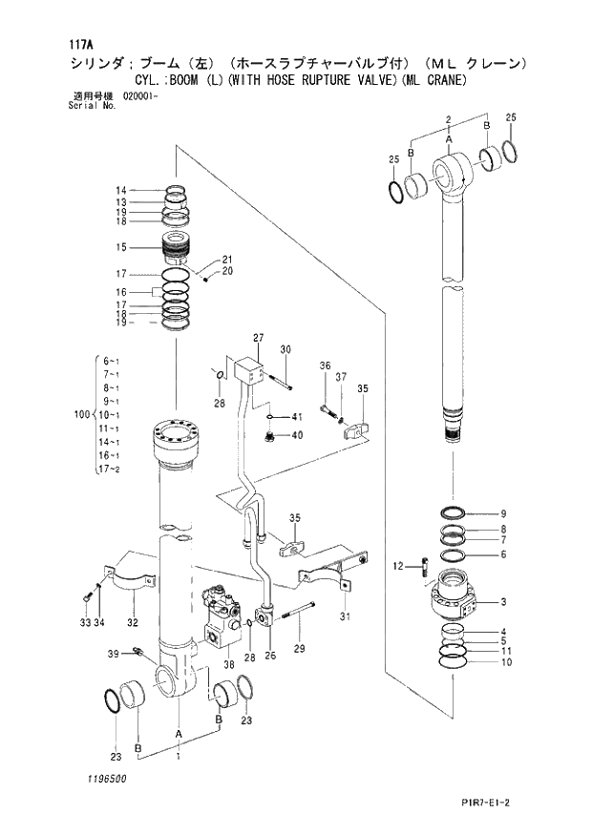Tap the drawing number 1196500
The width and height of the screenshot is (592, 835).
point(104,779)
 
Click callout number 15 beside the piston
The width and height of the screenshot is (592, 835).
point(121,247)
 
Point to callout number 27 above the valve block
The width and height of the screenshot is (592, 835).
point(258,339)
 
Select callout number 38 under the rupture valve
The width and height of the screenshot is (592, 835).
point(229,664)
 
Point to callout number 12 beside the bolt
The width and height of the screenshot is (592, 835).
point(398,568)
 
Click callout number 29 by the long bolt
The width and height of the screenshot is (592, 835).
point(299,649)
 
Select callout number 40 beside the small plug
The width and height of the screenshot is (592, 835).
point(297,435)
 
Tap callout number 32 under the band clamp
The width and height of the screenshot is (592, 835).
point(134,622)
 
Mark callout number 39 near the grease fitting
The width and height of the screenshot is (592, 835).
point(113,653)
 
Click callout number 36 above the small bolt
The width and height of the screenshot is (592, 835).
point(325,366)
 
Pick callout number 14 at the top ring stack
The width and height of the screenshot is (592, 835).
point(121,190)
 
